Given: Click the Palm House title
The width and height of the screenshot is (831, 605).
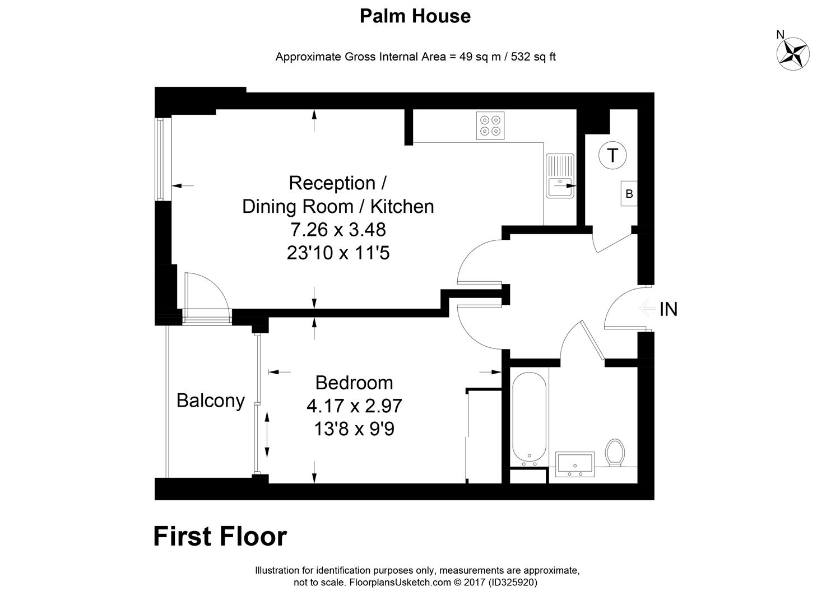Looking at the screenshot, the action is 415,16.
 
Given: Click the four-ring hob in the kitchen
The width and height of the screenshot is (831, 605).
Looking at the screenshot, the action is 490,125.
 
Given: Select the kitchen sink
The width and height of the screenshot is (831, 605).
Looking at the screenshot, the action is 560,176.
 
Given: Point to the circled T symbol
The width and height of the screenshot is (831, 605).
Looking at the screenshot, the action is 612,155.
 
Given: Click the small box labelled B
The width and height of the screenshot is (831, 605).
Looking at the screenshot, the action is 629,193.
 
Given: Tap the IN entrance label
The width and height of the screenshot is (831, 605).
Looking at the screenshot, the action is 668,309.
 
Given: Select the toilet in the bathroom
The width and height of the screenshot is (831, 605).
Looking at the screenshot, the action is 615,453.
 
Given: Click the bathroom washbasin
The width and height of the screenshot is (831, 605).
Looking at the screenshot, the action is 575,464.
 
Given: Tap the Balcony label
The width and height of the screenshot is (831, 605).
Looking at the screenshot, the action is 211,401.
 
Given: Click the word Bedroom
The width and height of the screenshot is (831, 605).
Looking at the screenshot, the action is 354,383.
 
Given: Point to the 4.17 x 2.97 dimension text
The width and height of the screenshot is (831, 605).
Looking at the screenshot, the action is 354,406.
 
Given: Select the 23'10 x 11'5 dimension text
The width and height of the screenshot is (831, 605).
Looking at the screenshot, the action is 338,253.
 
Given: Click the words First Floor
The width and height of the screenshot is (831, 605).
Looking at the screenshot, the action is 220,536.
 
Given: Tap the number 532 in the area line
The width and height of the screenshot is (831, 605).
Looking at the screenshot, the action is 521,57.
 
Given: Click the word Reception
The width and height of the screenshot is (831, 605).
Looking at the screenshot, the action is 332,183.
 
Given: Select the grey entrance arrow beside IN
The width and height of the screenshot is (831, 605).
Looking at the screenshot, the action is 648,309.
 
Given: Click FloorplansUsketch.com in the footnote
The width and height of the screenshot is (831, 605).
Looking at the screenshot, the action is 400,582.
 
